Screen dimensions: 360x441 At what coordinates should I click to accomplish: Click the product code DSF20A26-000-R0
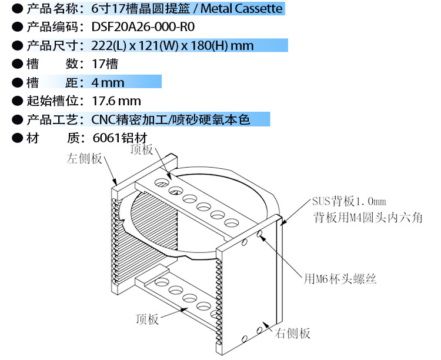click(143, 27)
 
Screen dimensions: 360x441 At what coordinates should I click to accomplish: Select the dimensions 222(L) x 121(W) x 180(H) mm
click(172, 45)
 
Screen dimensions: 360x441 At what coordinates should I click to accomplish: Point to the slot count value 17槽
click(105, 64)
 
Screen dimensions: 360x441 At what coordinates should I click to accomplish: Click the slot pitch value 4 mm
click(108, 82)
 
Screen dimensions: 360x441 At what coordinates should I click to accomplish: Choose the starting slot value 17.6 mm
click(116, 101)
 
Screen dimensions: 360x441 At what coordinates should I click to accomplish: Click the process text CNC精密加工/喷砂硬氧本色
click(171, 120)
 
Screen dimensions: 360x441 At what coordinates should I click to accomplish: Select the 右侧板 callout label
click(293, 334)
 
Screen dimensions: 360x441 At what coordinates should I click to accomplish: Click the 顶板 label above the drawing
click(141, 149)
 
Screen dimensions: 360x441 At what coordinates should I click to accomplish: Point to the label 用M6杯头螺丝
click(340, 278)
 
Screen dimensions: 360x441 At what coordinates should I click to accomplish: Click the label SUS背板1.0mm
click(348, 202)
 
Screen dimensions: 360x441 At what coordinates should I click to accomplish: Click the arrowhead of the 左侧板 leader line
click(116, 182)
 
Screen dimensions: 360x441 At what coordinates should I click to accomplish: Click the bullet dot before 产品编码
click(17, 27)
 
